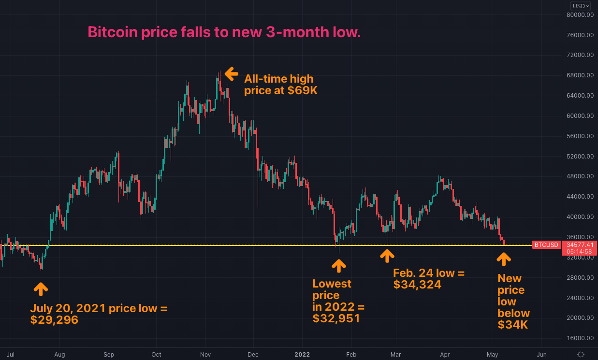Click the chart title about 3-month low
tap(224, 32)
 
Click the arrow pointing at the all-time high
tap(232, 74)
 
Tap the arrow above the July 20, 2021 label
tap(41, 289)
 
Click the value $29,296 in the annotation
tap(54, 320)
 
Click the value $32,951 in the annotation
tap(336, 318)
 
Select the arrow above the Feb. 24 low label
tap(387, 256)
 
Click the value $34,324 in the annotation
tap(417, 285)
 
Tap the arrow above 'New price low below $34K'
tap(504, 259)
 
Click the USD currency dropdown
tap(580, 6)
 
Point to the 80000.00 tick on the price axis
tap(580, 14)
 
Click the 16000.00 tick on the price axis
tap(580, 338)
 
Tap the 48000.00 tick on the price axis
tap(580, 176)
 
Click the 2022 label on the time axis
tap(302, 354)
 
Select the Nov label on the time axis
tap(205, 354)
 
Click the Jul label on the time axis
tap(11, 354)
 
